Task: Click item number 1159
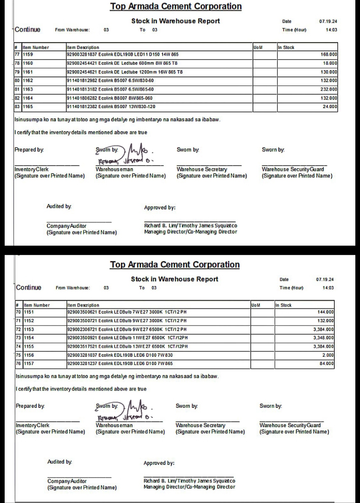[x=28, y=54]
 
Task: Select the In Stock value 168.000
[x=329, y=54]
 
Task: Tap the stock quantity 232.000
[x=329, y=89]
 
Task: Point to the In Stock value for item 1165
[x=330, y=107]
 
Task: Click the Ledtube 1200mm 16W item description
[x=125, y=72]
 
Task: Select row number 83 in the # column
[x=17, y=107]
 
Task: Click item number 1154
[x=29, y=338]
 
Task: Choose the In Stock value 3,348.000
[x=323, y=338]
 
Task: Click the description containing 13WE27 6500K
[x=127, y=347]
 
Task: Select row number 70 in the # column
[x=18, y=312]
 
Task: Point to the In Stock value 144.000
[x=325, y=312]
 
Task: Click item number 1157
[x=29, y=364]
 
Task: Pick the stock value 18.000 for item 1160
[x=330, y=63]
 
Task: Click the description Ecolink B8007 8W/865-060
[x=110, y=98]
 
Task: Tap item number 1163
[x=28, y=89]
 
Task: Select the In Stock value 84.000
[x=326, y=364]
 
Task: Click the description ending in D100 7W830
[x=120, y=355]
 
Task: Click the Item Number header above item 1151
[x=37, y=305]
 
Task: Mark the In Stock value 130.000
[x=329, y=72]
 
